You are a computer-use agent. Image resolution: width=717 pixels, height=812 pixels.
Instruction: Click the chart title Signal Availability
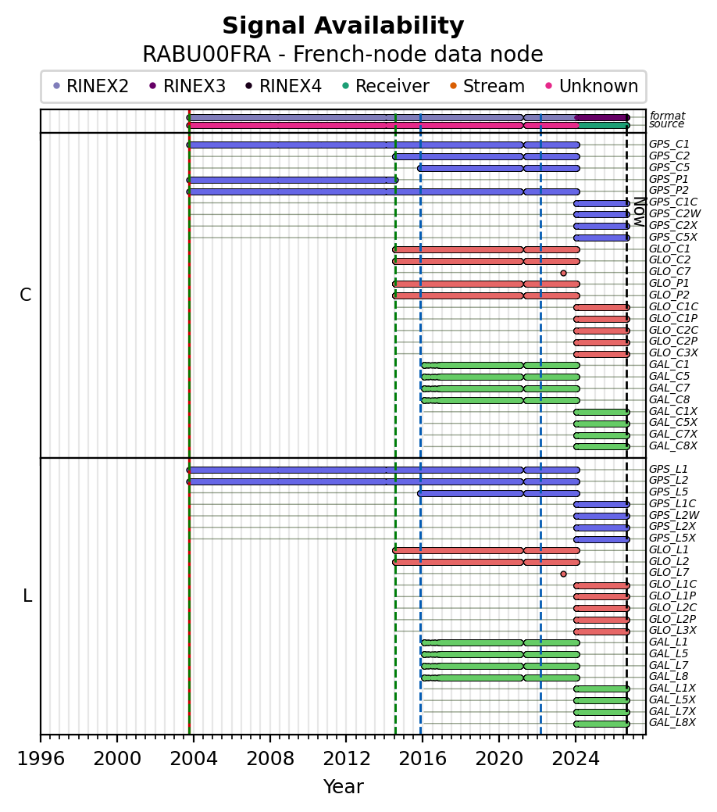point(343,26)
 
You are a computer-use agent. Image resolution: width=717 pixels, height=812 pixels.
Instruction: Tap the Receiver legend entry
point(386,86)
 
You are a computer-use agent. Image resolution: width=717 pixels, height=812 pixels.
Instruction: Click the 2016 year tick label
point(423,759)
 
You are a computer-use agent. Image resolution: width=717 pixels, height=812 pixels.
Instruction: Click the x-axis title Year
point(343,787)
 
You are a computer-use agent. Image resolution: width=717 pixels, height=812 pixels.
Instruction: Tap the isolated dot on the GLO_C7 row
point(563,273)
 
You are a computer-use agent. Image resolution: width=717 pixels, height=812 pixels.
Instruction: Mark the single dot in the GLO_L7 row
point(563,574)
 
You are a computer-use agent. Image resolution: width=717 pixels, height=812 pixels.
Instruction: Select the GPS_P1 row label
point(669,179)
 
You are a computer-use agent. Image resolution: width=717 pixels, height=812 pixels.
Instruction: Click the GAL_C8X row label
point(673,446)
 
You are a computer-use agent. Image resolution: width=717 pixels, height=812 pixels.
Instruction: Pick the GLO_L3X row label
point(672,630)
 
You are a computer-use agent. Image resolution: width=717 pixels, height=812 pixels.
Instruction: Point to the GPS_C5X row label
point(673,237)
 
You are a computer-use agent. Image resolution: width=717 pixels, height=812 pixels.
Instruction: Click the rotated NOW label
point(640,212)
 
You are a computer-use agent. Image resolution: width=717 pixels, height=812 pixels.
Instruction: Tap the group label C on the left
point(25,295)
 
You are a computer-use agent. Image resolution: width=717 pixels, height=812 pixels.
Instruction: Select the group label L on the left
point(27,596)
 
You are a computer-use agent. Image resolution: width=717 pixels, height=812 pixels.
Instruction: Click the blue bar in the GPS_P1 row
point(292,181)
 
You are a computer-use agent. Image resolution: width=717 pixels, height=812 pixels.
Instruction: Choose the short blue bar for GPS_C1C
point(601,203)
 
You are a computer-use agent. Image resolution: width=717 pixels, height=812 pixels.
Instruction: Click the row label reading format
point(667,116)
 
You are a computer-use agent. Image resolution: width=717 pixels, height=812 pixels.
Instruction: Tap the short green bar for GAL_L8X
point(601,724)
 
